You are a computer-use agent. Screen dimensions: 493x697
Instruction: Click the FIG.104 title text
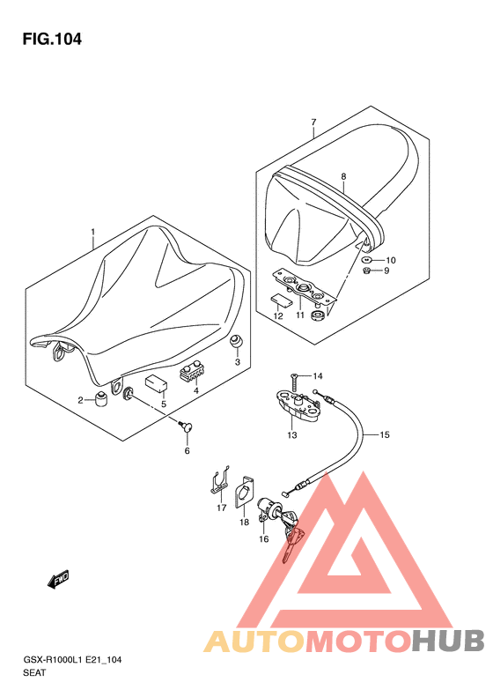[52, 40]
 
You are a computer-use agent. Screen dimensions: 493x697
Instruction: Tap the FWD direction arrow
[58, 579]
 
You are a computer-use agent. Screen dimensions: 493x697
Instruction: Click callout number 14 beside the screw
[318, 376]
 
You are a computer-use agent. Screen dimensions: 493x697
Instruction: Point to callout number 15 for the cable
[385, 434]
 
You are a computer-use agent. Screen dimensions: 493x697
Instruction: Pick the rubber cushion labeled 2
[102, 400]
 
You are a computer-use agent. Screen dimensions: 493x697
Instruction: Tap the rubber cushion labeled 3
[236, 343]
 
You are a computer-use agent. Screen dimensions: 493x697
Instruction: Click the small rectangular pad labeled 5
[157, 383]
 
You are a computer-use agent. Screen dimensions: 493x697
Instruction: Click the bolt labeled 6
[187, 427]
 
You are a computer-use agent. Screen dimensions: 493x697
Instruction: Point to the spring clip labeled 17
[219, 482]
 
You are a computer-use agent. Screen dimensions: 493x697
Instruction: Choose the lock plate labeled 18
[243, 492]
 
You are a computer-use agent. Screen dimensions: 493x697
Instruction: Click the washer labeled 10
[367, 260]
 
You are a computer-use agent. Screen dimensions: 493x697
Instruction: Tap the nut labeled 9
[367, 271]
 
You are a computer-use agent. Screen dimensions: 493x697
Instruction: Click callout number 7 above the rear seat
[313, 122]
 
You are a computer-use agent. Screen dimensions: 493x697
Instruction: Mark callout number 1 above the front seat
[92, 232]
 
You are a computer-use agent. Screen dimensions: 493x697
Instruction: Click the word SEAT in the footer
[34, 672]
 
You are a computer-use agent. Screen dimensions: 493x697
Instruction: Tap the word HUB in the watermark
[448, 641]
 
